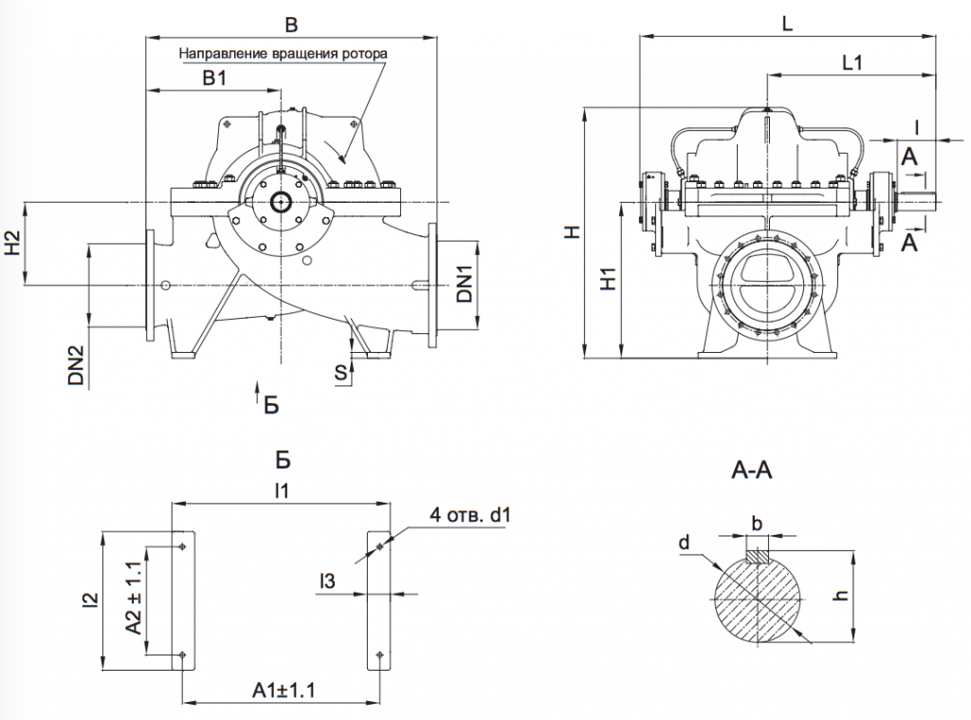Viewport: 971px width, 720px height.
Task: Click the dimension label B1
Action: [x=213, y=79]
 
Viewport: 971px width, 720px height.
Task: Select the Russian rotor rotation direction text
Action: [x=284, y=53]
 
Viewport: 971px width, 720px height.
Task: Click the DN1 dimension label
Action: [x=464, y=285]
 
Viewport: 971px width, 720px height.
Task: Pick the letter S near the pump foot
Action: [x=339, y=372]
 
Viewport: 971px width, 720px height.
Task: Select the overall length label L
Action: [x=787, y=25]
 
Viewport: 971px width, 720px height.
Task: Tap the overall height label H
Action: [x=570, y=233]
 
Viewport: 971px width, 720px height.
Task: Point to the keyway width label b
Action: [x=756, y=525]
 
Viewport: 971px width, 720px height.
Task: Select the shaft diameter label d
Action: [x=684, y=543]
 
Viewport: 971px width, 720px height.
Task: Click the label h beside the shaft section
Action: [x=842, y=595]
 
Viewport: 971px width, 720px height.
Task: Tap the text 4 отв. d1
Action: [x=470, y=516]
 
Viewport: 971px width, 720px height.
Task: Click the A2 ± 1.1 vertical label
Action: [x=134, y=597]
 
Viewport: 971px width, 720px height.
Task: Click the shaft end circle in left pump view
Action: [x=282, y=202]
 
